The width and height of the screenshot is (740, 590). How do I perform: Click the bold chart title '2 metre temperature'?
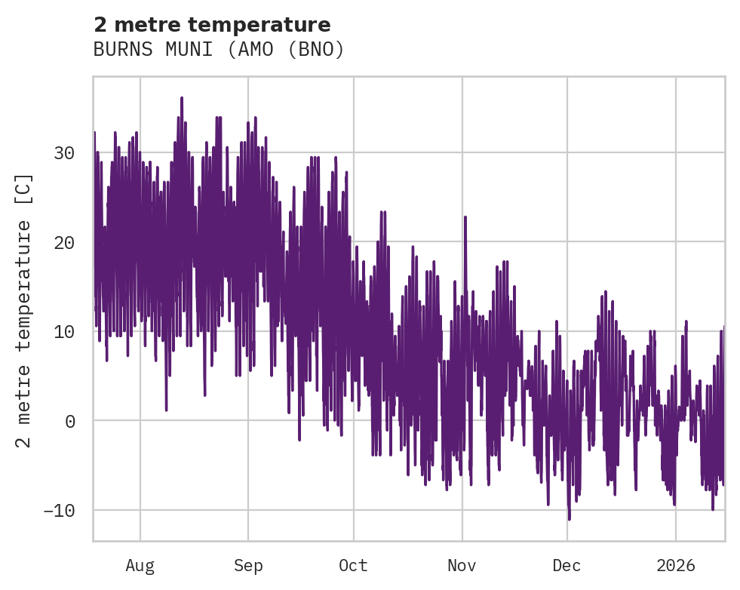click(x=212, y=25)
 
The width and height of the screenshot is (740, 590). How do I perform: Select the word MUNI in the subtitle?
click(x=178, y=50)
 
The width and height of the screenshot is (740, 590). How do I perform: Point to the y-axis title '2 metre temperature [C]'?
click(x=25, y=310)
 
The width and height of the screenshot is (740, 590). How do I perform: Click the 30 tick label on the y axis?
click(x=65, y=153)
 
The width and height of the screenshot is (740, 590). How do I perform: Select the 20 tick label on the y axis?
click(x=65, y=242)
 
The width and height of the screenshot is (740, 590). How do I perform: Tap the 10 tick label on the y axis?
click(x=65, y=331)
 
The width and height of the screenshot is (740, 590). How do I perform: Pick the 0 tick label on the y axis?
click(x=70, y=421)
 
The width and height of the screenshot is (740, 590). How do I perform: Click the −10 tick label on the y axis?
click(x=60, y=510)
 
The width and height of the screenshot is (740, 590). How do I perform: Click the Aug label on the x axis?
click(x=140, y=566)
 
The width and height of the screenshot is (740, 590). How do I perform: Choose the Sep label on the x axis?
click(x=247, y=566)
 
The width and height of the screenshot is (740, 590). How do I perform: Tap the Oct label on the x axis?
click(x=353, y=566)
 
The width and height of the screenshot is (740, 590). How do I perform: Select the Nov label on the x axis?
click(x=462, y=566)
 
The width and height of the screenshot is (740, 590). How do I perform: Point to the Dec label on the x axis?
click(x=567, y=566)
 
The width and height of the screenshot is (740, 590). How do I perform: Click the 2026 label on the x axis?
click(x=675, y=566)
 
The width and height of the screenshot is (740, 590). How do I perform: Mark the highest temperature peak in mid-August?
click(x=182, y=98)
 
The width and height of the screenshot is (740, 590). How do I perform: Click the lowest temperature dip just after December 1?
click(x=570, y=519)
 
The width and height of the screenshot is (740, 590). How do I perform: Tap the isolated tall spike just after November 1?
click(x=465, y=217)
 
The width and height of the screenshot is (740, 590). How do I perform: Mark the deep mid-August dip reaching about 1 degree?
click(x=167, y=410)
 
